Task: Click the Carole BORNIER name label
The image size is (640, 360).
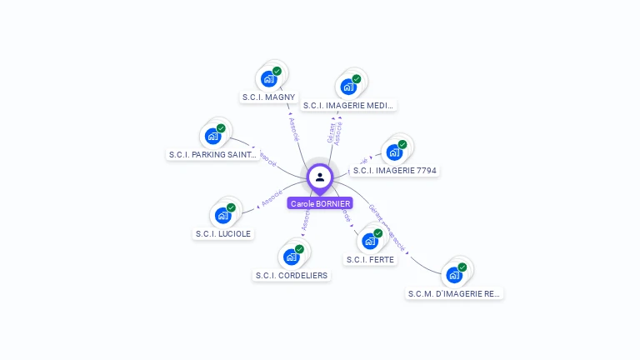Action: pyautogui.click(x=320, y=203)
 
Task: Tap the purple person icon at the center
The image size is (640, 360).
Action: pyautogui.click(x=320, y=177)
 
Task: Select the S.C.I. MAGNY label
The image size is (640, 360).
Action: pyautogui.click(x=268, y=97)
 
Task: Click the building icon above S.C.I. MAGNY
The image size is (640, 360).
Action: pyautogui.click(x=268, y=78)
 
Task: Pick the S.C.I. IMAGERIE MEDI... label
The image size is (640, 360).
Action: pyautogui.click(x=348, y=106)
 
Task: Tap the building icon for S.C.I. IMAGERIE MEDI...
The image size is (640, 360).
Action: pyautogui.click(x=348, y=87)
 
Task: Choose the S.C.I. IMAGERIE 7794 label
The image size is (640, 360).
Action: pyautogui.click(x=394, y=171)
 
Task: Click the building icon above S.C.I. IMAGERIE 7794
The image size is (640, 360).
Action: pyautogui.click(x=394, y=152)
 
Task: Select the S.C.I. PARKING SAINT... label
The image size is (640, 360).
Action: pyautogui.click(x=213, y=154)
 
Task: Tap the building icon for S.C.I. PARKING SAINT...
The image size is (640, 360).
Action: pyautogui.click(x=213, y=136)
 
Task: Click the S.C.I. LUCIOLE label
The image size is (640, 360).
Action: pyautogui.click(x=222, y=234)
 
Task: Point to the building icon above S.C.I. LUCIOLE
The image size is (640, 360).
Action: pyautogui.click(x=222, y=215)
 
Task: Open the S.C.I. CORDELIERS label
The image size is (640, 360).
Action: pyautogui.click(x=291, y=276)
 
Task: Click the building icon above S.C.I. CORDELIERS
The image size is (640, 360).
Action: pyautogui.click(x=291, y=257)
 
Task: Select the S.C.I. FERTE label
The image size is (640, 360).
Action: pyautogui.click(x=370, y=259)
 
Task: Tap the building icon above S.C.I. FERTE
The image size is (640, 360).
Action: pyautogui.click(x=370, y=241)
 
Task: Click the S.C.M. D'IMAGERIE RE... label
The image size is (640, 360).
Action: pyautogui.click(x=455, y=293)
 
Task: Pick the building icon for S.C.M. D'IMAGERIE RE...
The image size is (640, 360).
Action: pyautogui.click(x=454, y=274)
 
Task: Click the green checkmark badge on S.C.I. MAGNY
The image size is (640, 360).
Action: pyautogui.click(x=277, y=71)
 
